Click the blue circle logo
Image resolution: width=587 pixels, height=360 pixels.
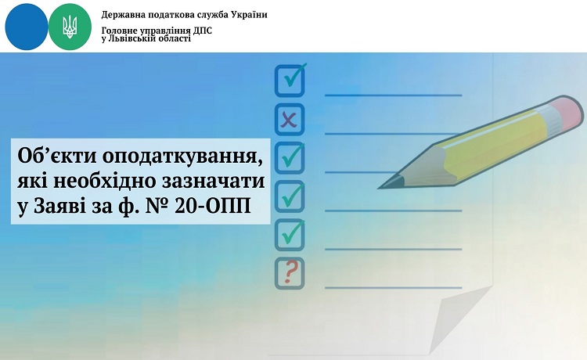[x=26, y=27]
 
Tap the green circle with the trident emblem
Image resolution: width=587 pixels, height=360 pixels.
[x=70, y=27]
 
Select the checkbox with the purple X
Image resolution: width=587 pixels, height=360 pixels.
[x=290, y=120]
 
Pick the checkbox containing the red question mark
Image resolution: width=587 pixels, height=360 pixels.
[x=290, y=272]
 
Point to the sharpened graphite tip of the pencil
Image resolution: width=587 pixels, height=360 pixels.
[x=384, y=185]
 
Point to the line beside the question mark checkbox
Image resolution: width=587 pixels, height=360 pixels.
[x=391, y=286]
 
